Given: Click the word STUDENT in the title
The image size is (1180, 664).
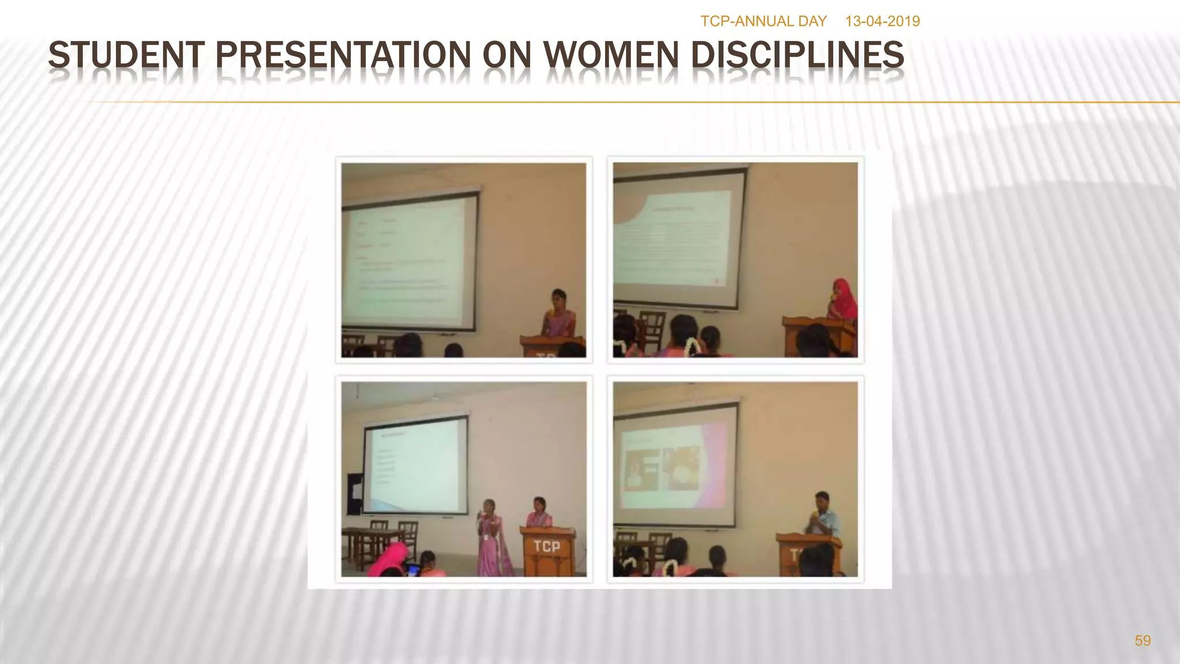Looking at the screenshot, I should pyautogui.click(x=126, y=56).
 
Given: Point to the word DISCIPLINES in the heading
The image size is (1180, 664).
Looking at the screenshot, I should pyautogui.click(x=797, y=56).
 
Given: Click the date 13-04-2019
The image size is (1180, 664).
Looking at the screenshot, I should pyautogui.click(x=882, y=21).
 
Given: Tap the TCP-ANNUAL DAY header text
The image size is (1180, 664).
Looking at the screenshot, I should pyautogui.click(x=763, y=21).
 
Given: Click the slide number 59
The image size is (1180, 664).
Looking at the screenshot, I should pyautogui.click(x=1142, y=641).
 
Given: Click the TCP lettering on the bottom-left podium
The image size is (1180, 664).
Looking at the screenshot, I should pyautogui.click(x=546, y=546).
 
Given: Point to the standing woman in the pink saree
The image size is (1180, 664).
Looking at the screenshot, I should pyautogui.click(x=493, y=539).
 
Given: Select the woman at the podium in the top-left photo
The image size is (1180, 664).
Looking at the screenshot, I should pyautogui.click(x=558, y=314).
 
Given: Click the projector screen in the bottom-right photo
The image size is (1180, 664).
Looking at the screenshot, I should pyautogui.click(x=674, y=464).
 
